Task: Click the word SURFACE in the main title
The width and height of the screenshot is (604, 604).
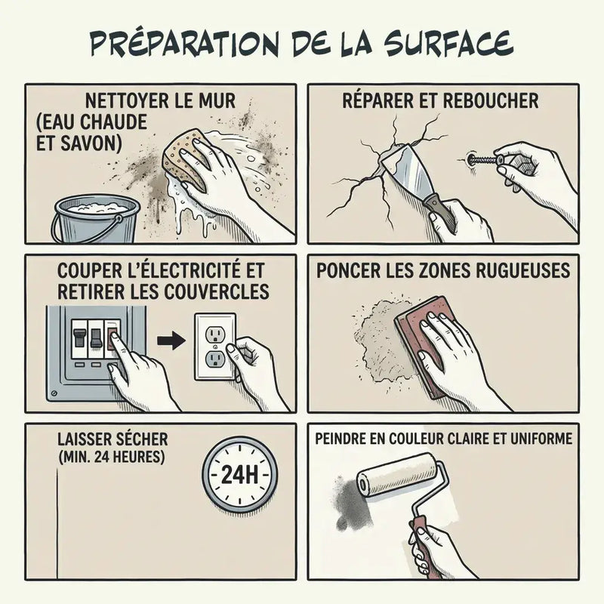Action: click(x=448, y=42)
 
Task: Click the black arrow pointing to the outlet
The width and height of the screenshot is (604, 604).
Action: click(x=171, y=341)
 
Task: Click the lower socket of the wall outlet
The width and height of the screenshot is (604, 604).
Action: click(x=214, y=359)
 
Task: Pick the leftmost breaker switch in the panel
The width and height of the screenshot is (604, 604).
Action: click(x=79, y=338)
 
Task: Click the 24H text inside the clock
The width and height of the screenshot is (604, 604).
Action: click(x=239, y=475)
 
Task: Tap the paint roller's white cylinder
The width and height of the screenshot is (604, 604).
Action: click(x=397, y=475)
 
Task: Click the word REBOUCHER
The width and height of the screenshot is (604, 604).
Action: click(x=490, y=100)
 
